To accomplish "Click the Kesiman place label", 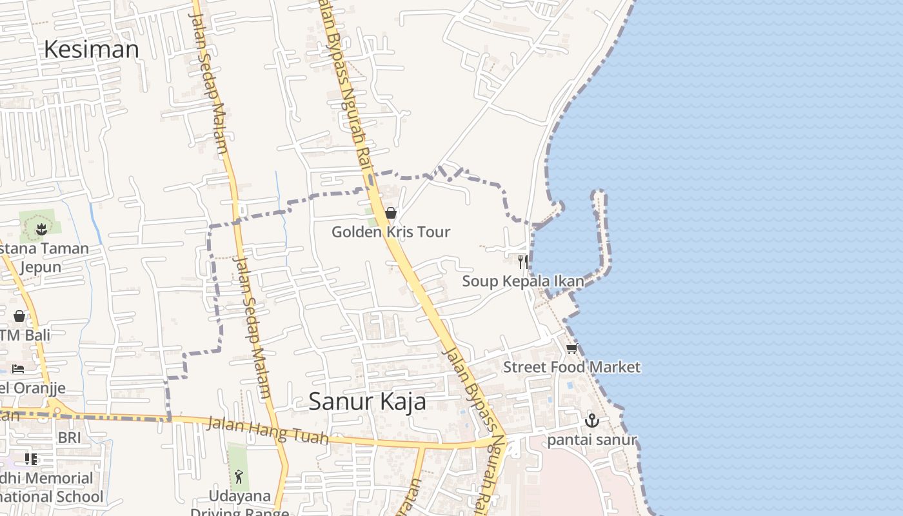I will pyautogui.click(x=91, y=50).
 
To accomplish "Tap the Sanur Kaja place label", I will pyautogui.click(x=367, y=401).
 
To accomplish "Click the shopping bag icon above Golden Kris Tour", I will pyautogui.click(x=390, y=213).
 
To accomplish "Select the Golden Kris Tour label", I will pyautogui.click(x=390, y=232).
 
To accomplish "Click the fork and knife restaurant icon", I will pyautogui.click(x=523, y=261).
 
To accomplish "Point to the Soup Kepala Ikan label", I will pyautogui.click(x=523, y=281).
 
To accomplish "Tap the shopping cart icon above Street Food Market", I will pyautogui.click(x=571, y=349).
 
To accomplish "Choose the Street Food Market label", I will pyautogui.click(x=571, y=367).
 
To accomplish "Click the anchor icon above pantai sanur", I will pyautogui.click(x=591, y=421).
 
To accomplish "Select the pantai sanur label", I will pyautogui.click(x=591, y=441).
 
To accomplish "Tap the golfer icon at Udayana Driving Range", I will pyautogui.click(x=239, y=477).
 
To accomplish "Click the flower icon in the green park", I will pyautogui.click(x=41, y=228).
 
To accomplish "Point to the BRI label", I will pyautogui.click(x=70, y=437).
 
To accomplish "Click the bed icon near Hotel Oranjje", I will pyautogui.click(x=18, y=369).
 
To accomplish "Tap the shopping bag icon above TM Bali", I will pyautogui.click(x=19, y=316).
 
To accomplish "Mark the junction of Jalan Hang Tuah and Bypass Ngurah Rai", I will pyautogui.click(x=500, y=443).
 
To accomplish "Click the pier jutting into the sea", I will pyautogui.click(x=601, y=232).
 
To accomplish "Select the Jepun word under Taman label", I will pyautogui.click(x=40, y=267).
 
